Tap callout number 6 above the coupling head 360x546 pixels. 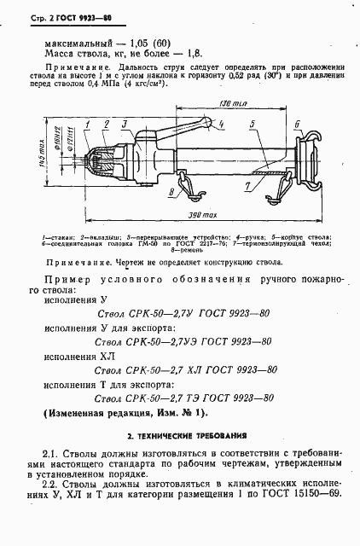coord(297,125)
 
